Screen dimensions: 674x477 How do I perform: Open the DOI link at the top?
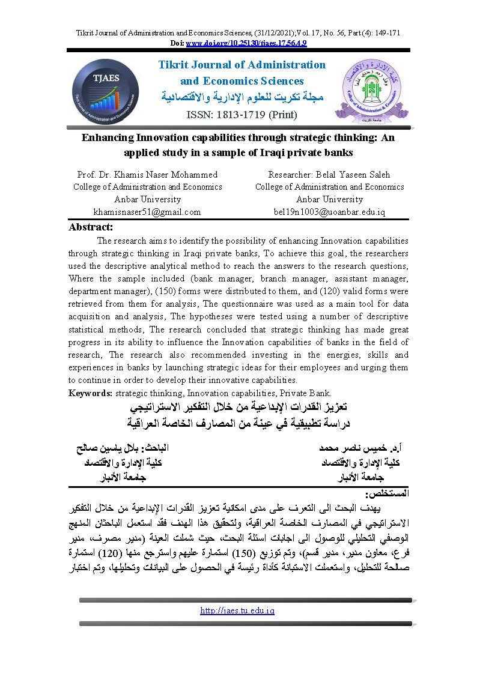(246, 43)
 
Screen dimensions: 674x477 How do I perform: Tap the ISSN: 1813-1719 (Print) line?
(239, 113)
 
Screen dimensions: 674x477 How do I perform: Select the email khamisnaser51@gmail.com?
(147, 212)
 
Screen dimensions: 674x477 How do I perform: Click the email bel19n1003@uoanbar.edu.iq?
(329, 212)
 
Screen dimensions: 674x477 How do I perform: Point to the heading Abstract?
(91, 227)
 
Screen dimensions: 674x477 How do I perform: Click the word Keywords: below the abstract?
(91, 393)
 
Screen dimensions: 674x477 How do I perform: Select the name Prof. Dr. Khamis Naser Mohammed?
(147, 175)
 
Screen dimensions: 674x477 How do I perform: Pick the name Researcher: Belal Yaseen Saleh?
(329, 175)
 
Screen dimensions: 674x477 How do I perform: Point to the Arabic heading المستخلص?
(390, 493)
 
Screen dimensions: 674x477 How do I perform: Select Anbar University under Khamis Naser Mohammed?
(147, 199)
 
